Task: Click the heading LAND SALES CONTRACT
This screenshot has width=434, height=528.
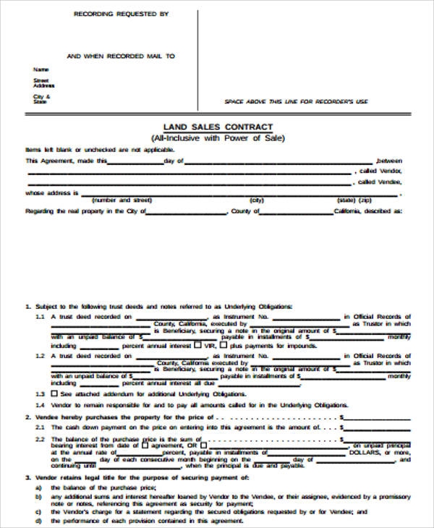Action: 216,127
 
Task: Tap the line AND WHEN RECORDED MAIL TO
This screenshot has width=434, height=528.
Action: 120,56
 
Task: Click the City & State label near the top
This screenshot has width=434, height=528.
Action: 41,99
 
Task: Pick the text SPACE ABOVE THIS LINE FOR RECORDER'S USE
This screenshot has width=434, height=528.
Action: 296,102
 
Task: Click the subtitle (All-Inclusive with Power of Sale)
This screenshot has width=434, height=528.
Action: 216,137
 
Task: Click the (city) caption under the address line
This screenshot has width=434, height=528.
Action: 256,200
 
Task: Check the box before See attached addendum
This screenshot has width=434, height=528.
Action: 54,393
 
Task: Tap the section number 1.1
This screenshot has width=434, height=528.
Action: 40,317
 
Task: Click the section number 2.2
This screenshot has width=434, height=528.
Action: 40,440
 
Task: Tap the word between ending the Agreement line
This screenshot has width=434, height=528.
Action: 389,161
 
